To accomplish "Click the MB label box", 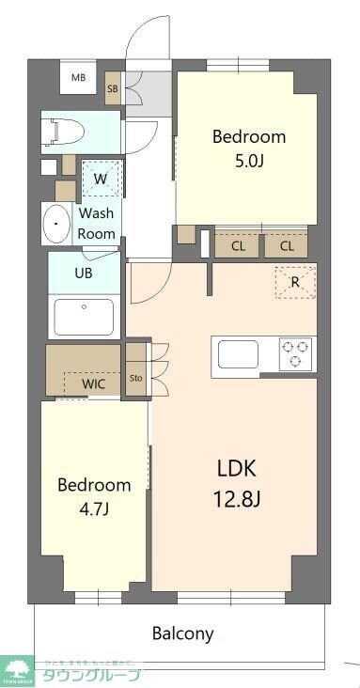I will point(80,77).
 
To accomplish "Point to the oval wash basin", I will point(58,224).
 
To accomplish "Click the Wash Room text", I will point(97,224).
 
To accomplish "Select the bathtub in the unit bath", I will point(84,317).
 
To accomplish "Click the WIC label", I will point(93,383).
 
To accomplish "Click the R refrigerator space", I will point(294,281).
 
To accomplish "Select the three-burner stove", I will point(296,354).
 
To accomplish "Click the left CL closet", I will point(238,246).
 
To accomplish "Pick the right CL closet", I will point(286,246).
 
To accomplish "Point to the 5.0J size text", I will point(248,162).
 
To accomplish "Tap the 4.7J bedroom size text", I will point(93,511).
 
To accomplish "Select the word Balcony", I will point(182,633).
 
